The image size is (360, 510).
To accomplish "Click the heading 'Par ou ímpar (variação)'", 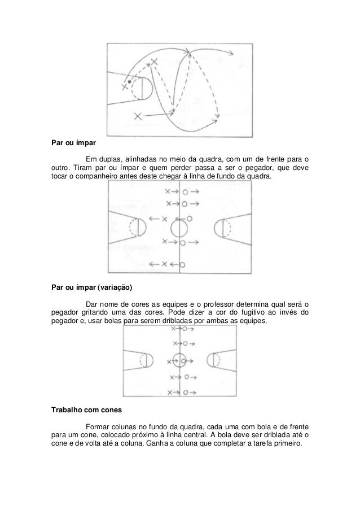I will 91,286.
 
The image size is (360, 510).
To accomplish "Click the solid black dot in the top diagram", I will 129,81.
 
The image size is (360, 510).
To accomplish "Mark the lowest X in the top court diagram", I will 138,116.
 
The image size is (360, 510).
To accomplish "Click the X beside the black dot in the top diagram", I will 124,87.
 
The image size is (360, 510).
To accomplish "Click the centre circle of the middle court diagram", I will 179,229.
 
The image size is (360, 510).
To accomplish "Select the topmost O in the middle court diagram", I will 185,191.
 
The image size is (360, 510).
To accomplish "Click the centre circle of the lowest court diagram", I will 179,360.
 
